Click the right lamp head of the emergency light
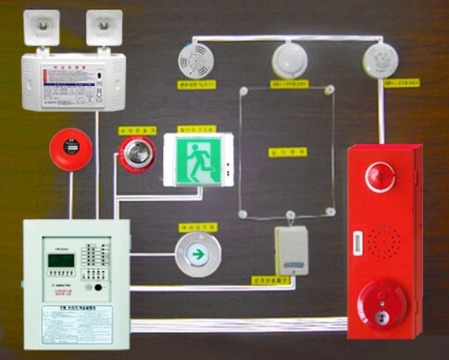[x=104, y=27]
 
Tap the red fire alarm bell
[x=70, y=150]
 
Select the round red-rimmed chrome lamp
[x=137, y=153]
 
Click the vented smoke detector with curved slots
[x=196, y=60]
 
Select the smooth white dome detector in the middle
[x=290, y=60]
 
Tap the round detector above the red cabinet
[x=380, y=59]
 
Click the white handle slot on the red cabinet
[x=359, y=241]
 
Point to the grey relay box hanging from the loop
[x=291, y=250]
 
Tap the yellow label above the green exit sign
[x=196, y=128]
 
